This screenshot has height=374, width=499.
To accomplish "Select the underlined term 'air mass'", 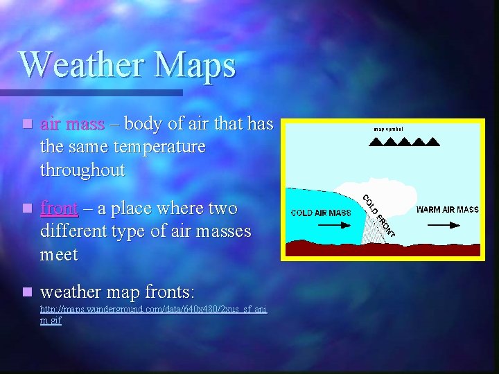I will click(x=72, y=125).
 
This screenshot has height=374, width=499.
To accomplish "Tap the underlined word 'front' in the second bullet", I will click(x=59, y=208).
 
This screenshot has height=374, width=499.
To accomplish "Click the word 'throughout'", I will click(x=82, y=170).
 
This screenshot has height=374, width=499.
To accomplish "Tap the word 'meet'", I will click(x=59, y=254).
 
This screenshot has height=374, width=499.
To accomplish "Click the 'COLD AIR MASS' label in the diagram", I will click(x=321, y=213).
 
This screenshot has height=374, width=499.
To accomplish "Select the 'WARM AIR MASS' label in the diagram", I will click(x=447, y=209).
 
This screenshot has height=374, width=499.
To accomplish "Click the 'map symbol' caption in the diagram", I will click(x=388, y=129).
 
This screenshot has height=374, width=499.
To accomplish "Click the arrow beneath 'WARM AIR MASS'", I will click(x=447, y=224).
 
